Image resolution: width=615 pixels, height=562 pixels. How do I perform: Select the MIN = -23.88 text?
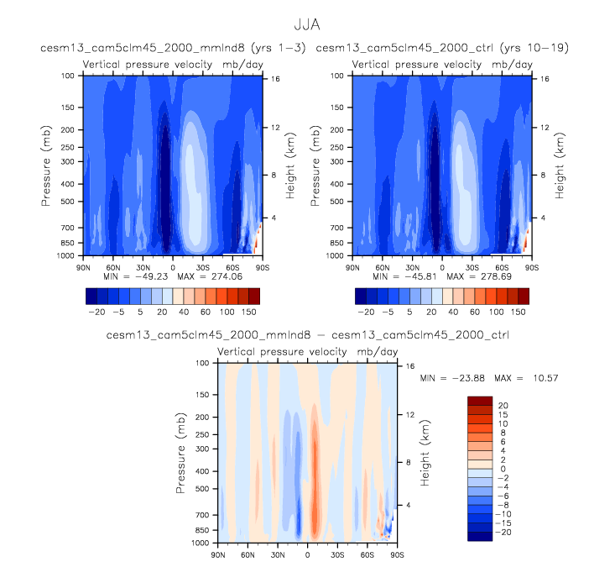click(458, 378)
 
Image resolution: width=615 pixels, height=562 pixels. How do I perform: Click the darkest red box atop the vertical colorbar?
click(478, 401)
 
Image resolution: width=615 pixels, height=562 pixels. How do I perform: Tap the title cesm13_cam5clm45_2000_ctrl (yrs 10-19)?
click(442, 49)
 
